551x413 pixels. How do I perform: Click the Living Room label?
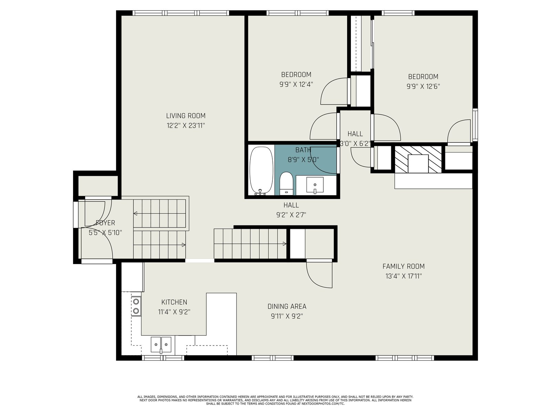point(186,116)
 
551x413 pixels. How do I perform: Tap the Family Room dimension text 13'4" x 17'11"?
point(403,276)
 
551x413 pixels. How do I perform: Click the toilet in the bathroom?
point(286,183)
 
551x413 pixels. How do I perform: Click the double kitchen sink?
point(161,345)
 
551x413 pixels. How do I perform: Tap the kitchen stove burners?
point(136,306)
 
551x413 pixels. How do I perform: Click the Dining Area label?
point(287,306)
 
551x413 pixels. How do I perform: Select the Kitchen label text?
point(174,302)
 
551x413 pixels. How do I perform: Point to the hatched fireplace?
point(418,159)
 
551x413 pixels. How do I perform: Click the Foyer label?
point(105,223)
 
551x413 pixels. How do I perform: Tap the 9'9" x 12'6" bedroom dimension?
point(423,86)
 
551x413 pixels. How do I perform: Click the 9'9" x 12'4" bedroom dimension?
point(296,84)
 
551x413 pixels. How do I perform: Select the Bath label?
point(303,150)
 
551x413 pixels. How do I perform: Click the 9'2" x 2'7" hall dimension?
point(291,215)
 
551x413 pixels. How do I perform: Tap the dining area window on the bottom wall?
point(272,358)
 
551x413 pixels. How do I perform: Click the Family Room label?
point(403,266)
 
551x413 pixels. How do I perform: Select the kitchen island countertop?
point(221,324)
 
